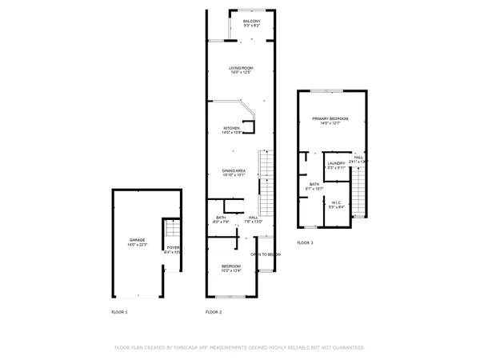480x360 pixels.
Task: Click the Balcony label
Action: (x=252, y=21)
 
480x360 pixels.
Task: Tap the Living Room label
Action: (x=242, y=69)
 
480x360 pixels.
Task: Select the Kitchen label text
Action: (x=232, y=128)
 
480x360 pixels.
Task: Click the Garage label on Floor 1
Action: (x=138, y=239)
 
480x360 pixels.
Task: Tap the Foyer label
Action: (x=171, y=249)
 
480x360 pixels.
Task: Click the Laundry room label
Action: (x=336, y=163)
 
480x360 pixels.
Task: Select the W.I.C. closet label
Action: (x=337, y=202)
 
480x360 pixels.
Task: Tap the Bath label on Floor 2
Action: (x=221, y=218)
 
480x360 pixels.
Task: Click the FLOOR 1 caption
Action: (x=119, y=311)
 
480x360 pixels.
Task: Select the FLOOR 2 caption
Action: (x=214, y=311)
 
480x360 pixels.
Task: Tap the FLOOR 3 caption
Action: (x=306, y=242)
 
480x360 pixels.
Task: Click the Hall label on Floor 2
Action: (x=253, y=218)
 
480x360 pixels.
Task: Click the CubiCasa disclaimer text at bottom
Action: (x=240, y=348)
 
